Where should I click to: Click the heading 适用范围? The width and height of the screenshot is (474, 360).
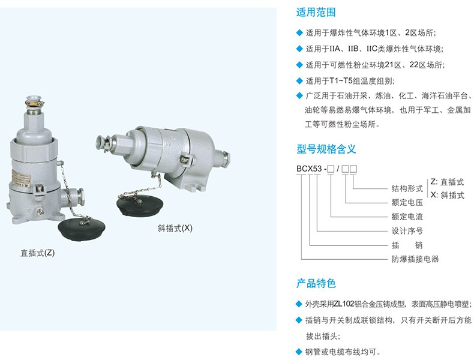[x=316, y=13]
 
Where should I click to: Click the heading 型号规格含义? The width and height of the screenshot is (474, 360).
[x=326, y=149]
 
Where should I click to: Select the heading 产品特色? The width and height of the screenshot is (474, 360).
[x=316, y=284]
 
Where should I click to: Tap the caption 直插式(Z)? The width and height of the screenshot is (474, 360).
[x=38, y=253]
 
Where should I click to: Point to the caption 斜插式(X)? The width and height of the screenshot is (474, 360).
[x=175, y=228]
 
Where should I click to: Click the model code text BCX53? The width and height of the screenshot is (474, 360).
[x=309, y=169]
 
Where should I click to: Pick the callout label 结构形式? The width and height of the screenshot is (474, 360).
[x=407, y=188]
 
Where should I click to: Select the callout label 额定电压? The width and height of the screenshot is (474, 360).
[x=407, y=203]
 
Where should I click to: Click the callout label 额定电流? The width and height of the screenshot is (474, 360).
[x=407, y=217]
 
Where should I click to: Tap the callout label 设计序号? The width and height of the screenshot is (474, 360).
[x=407, y=231]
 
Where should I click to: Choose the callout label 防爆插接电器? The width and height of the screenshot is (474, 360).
[x=415, y=259]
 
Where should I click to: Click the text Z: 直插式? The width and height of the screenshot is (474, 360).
[x=447, y=182]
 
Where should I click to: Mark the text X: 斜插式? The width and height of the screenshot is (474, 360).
[x=447, y=195]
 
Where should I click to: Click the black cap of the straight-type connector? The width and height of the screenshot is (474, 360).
[x=82, y=227]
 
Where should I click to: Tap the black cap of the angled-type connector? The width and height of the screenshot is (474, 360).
[x=140, y=205]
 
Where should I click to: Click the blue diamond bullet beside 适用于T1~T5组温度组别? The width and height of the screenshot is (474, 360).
[x=299, y=81]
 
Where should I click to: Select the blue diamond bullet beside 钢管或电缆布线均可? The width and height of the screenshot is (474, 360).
[x=299, y=352]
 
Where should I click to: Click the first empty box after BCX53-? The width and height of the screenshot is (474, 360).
[x=331, y=169]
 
